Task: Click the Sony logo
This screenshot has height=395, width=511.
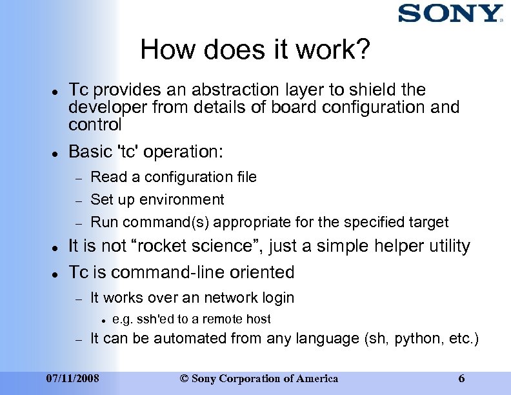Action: click(450, 14)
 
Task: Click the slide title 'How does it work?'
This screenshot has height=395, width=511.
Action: click(255, 50)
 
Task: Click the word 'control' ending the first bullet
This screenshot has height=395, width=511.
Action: click(95, 123)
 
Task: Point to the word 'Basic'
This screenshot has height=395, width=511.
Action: click(90, 152)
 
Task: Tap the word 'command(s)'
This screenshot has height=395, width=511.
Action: click(166, 223)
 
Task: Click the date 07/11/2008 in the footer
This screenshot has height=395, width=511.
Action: click(73, 378)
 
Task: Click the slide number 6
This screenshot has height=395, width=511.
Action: click(461, 378)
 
